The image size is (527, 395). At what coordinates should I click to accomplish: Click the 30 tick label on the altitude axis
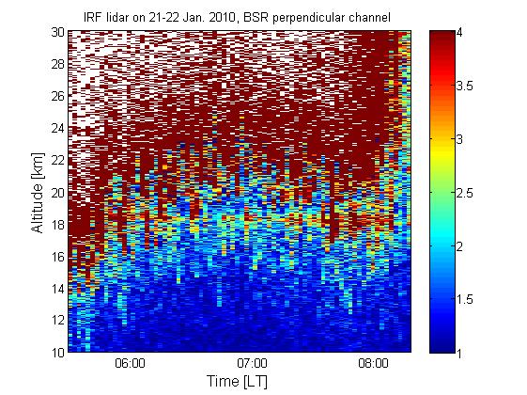coord(58,32)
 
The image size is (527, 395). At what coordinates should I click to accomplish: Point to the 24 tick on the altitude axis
coord(58,128)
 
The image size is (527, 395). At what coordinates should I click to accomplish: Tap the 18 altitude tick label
coord(58,225)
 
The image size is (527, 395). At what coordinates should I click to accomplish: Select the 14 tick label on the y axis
coord(58,289)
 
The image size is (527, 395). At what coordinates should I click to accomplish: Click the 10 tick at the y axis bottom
coord(58,353)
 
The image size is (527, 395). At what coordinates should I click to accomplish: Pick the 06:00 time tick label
coord(130,364)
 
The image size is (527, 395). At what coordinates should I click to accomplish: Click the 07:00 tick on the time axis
coord(252,364)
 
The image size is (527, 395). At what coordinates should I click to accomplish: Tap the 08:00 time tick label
coord(373,364)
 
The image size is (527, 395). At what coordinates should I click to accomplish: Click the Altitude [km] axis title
coord(38,193)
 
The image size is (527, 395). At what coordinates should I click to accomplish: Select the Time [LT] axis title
coord(238,382)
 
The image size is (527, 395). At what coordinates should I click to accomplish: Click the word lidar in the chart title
coord(117,17)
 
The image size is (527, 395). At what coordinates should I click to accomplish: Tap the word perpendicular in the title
coord(309,18)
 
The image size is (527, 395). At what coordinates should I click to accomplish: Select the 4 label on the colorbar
coord(458,32)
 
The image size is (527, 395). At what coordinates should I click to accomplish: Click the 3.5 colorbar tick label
coord(464,86)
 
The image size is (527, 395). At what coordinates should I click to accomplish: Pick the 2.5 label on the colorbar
coord(464,193)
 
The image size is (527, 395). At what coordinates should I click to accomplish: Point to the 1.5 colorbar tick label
coord(464,299)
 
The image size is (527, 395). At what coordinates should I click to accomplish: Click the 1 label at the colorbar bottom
coord(458,354)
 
